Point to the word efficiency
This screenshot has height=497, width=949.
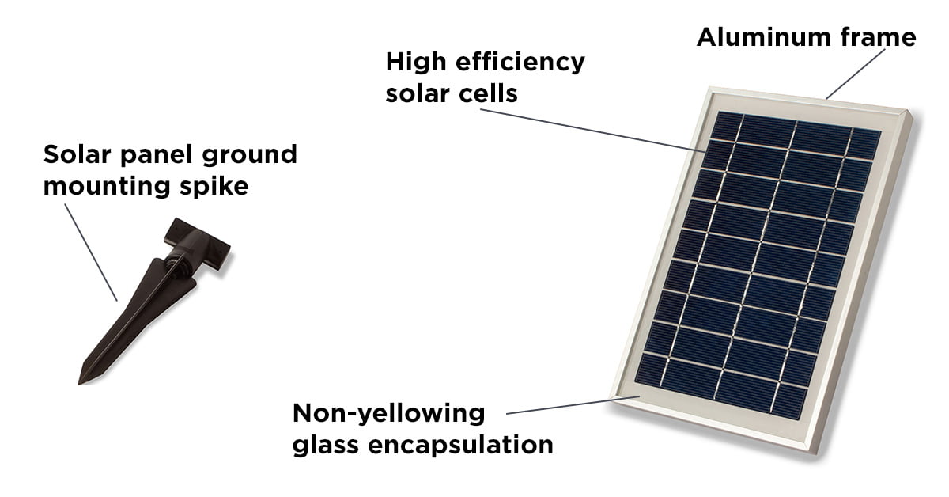(x=520, y=63)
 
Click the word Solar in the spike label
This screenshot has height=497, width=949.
(x=77, y=154)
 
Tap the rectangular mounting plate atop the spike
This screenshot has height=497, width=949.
(x=198, y=244)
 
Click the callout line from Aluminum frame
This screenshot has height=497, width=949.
(x=856, y=74)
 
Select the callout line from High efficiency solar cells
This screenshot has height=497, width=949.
(x=592, y=131)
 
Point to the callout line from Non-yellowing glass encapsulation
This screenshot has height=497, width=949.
(x=573, y=405)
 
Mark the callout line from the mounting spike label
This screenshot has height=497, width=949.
(x=91, y=252)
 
